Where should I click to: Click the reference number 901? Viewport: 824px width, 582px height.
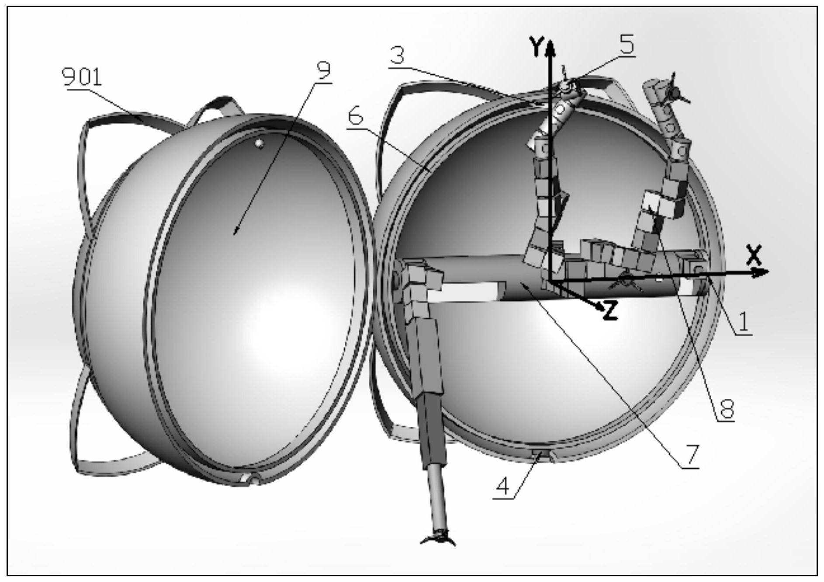82,77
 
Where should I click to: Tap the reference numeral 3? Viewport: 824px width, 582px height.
397,56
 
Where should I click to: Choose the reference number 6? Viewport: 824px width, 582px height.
356,117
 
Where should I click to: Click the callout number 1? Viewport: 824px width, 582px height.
743,322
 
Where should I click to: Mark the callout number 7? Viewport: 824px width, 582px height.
691,456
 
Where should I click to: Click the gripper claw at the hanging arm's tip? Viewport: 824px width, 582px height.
438,538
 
